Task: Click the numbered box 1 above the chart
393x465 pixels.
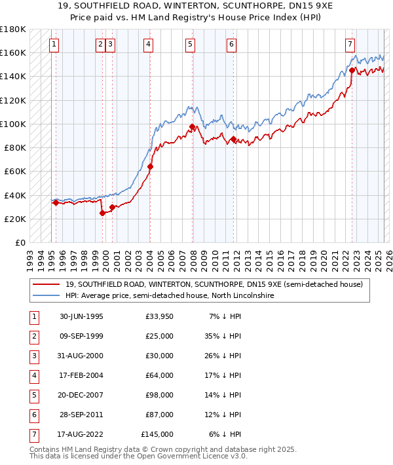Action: coord(54,45)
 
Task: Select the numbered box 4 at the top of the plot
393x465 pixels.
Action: coord(149,45)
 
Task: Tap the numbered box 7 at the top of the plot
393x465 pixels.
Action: coord(350,45)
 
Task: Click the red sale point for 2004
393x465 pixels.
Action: coord(150,166)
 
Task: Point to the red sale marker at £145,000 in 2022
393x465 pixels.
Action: coord(352,70)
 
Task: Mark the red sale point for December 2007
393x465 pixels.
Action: coord(192,126)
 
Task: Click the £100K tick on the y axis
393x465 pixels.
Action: coord(13,124)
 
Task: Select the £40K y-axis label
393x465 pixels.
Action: coord(15,195)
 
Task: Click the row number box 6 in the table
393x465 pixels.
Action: coord(33,415)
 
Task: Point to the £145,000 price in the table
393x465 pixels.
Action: coord(157,434)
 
